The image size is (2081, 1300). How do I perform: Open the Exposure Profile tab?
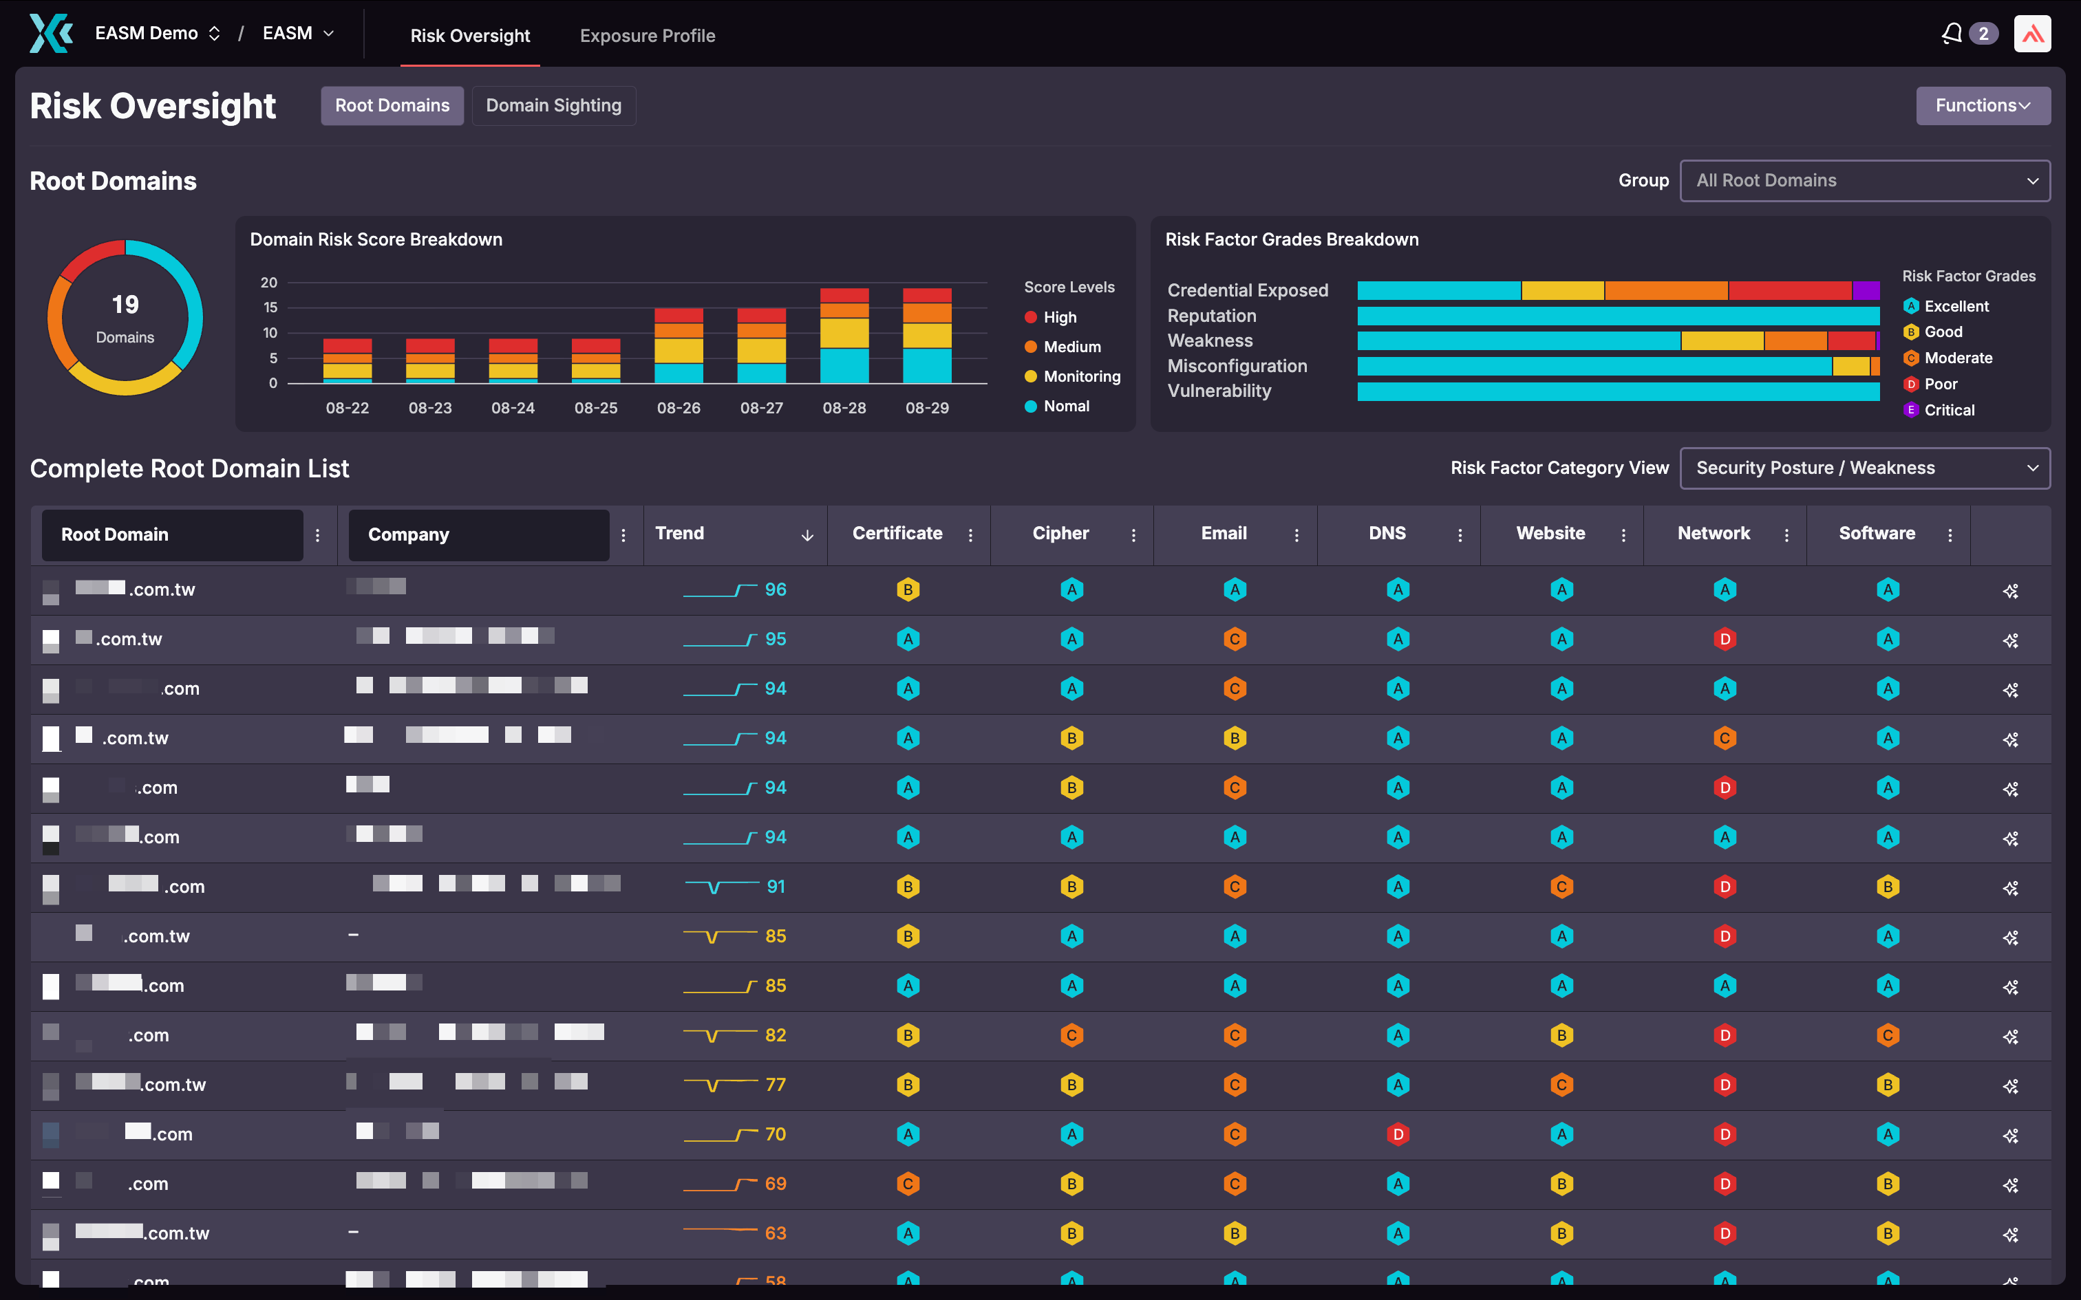647,35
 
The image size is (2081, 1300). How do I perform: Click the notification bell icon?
1951,34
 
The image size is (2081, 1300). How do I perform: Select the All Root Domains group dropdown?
1864,180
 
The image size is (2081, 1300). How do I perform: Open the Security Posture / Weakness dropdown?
1864,468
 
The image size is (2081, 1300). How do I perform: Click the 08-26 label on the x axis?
679,407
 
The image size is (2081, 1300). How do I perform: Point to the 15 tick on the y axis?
270,307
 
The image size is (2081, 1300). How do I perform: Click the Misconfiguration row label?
1237,366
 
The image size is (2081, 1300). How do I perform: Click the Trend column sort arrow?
807,535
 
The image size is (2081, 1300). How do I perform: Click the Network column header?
1713,533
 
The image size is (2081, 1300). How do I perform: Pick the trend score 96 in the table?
775,590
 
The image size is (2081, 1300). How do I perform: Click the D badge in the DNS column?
1398,1134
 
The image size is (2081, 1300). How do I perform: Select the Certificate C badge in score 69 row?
908,1184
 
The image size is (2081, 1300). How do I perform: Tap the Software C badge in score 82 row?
1888,1035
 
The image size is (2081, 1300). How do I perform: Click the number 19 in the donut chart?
125,304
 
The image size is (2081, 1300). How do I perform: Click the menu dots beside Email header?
1296,535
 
